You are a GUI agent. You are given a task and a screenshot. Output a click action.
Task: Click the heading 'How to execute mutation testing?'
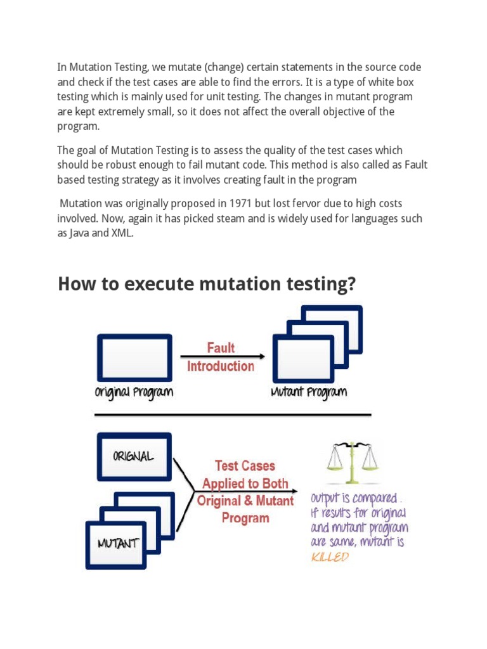pyautogui.click(x=207, y=285)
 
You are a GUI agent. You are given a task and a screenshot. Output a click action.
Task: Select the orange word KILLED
pyautogui.click(x=330, y=557)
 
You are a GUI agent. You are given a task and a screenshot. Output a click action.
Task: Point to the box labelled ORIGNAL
pyautogui.click(x=134, y=456)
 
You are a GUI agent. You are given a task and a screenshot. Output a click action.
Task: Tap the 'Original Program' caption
pyautogui.click(x=134, y=392)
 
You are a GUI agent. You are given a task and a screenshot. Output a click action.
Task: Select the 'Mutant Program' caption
pyautogui.click(x=309, y=392)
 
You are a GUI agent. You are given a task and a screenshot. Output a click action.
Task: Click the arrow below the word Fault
pyautogui.click(x=222, y=356)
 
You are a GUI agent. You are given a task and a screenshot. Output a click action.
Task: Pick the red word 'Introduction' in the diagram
pyautogui.click(x=220, y=366)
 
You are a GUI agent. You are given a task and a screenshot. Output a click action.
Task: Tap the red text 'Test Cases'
pyautogui.click(x=245, y=466)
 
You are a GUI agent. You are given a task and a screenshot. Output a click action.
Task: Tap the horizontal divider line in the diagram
pyautogui.click(x=233, y=414)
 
